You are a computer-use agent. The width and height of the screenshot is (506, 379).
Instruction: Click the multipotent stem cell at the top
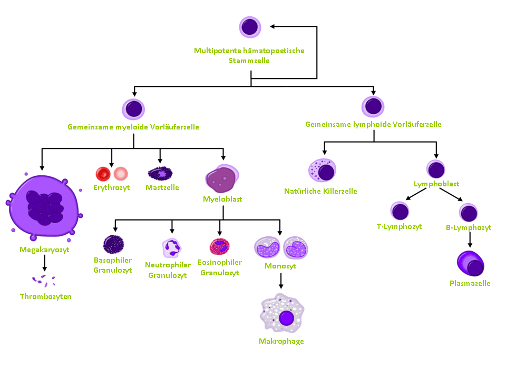(x=249, y=27)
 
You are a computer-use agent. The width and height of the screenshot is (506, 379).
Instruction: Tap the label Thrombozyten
(x=45, y=296)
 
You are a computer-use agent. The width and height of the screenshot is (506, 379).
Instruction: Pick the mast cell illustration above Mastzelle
(x=160, y=173)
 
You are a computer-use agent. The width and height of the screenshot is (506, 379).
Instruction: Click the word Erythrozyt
(x=111, y=187)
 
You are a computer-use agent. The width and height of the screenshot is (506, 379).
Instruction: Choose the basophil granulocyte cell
(x=113, y=244)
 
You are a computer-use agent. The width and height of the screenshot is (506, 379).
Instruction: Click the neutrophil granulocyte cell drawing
(x=171, y=247)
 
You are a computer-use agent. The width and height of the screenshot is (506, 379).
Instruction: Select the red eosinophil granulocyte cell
(x=219, y=246)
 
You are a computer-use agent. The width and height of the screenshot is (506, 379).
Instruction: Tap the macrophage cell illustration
(x=284, y=317)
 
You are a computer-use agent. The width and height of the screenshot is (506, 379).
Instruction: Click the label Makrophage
(x=281, y=341)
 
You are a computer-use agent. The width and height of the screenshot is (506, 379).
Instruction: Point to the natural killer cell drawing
(x=322, y=171)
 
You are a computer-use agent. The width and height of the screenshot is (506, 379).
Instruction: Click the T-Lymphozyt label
(x=399, y=227)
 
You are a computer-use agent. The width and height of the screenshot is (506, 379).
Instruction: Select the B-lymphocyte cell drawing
(x=468, y=213)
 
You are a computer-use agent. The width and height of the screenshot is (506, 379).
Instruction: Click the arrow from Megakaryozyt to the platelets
(x=45, y=263)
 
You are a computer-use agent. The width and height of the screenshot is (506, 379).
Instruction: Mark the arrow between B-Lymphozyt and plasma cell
(x=470, y=240)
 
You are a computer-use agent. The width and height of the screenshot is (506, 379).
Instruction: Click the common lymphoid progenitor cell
(x=373, y=106)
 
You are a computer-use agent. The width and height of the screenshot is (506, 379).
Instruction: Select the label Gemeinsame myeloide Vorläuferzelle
(x=133, y=127)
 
